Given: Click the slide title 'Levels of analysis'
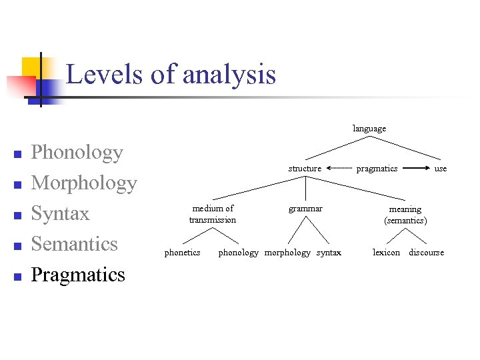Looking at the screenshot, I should pyautogui.click(x=171, y=74).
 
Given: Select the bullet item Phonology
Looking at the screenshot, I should pyautogui.click(x=77, y=153).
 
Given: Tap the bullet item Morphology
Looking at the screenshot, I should pyautogui.click(x=84, y=183).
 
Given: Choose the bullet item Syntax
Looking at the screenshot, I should pyautogui.click(x=60, y=213).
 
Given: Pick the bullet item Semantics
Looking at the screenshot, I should pyautogui.click(x=74, y=244).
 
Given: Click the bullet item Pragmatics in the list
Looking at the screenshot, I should pyautogui.click(x=78, y=275).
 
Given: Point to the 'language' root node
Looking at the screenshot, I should pyautogui.click(x=369, y=128).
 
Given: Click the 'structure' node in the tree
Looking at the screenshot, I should pyautogui.click(x=305, y=169).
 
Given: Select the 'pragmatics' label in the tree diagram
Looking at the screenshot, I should pyautogui.click(x=377, y=169).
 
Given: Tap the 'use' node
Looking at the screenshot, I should pyautogui.click(x=441, y=169).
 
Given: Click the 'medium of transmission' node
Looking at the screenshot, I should pyautogui.click(x=213, y=214).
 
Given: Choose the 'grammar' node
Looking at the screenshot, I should pyautogui.click(x=305, y=209).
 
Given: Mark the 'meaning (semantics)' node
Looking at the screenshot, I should pyautogui.click(x=405, y=214).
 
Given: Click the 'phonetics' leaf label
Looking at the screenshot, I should pyautogui.click(x=182, y=253).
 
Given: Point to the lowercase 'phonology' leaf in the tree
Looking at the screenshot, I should pyautogui.click(x=238, y=253).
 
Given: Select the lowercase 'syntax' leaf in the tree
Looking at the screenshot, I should pyautogui.click(x=329, y=253).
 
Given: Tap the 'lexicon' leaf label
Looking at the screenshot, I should pyautogui.click(x=387, y=253).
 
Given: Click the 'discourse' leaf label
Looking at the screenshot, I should pyautogui.click(x=426, y=253).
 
